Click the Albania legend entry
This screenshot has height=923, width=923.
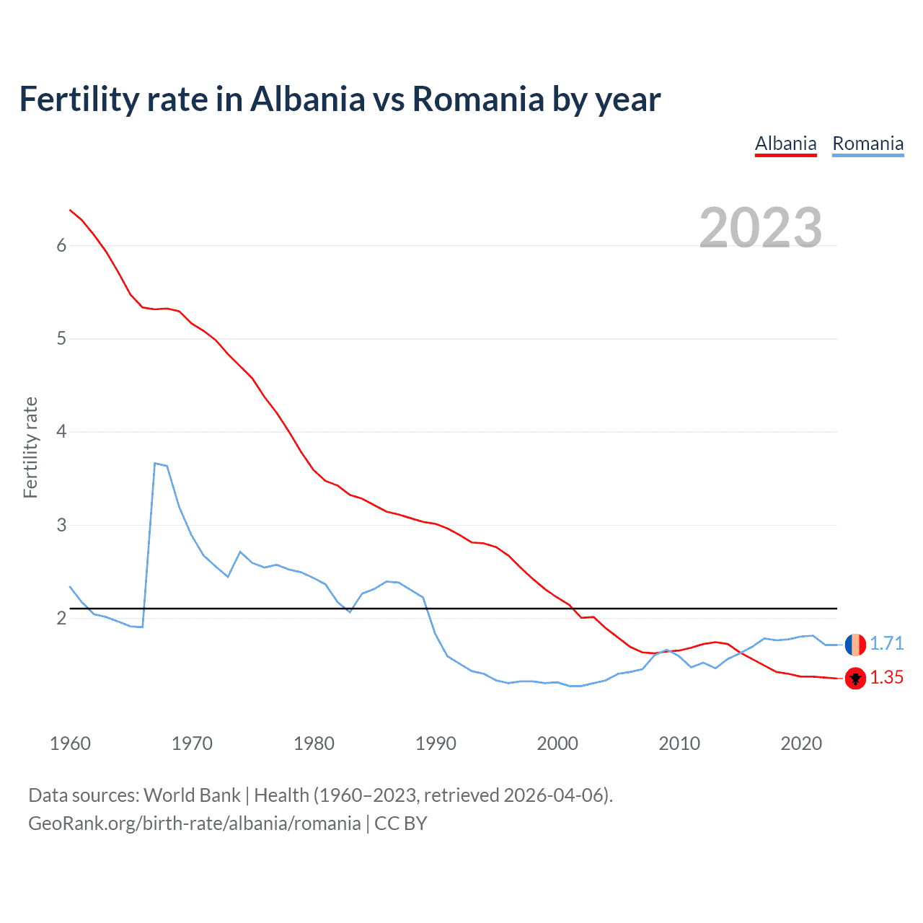tap(785, 143)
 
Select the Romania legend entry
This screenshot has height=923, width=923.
tap(867, 143)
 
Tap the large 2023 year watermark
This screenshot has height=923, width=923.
tap(761, 228)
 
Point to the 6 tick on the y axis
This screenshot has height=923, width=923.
tap(61, 245)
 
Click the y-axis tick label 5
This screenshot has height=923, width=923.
tap(61, 338)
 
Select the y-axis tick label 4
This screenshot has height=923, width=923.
tap(61, 431)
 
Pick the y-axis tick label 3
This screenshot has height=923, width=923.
tap(61, 525)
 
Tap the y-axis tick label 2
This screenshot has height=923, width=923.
tap(61, 618)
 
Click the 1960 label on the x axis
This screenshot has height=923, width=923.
tap(70, 743)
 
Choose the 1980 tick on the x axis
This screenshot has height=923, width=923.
tap(314, 743)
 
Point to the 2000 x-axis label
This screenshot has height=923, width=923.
tap(557, 743)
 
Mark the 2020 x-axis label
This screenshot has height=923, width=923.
tap(801, 743)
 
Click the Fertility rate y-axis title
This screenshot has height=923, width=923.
tap(30, 447)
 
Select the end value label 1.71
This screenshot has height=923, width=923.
tap(886, 643)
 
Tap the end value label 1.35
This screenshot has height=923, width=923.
tap(886, 677)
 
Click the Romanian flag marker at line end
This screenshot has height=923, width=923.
tap(855, 644)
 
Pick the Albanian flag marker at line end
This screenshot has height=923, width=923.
tap(855, 679)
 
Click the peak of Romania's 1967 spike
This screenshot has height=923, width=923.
tap(155, 463)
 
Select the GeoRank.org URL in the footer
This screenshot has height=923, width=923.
tap(194, 823)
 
